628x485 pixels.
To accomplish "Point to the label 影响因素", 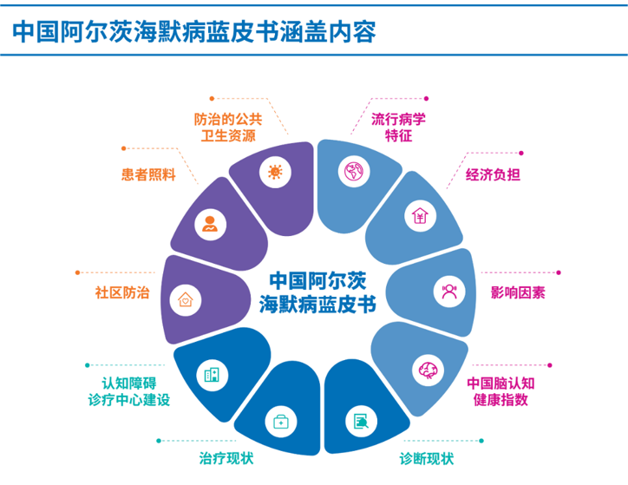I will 518,292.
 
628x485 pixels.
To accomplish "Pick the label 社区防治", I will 121,292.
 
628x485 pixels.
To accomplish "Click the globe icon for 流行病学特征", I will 354,171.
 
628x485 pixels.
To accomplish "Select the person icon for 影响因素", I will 449,292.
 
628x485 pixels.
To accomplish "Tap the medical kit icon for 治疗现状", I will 280,422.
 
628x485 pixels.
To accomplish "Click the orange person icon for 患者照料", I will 209,224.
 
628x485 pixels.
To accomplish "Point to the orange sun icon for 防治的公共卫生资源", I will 275,171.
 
